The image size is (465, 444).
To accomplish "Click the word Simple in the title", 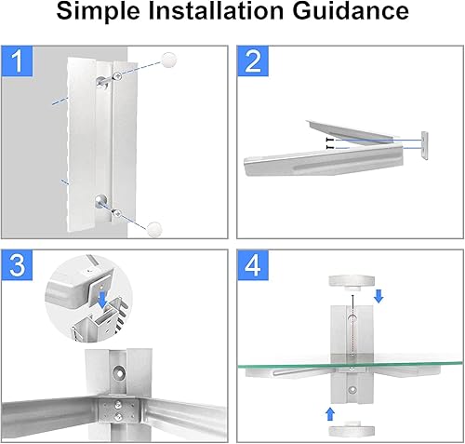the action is tap(99, 11).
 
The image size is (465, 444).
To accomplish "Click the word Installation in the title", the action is tap(217, 10).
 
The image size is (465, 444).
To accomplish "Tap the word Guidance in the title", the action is tap(351, 10).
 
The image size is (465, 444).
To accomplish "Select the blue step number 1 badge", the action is tap(17, 61).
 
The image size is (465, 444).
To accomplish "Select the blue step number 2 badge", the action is tap(253, 61).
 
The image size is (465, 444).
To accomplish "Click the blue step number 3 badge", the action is tap(17, 265).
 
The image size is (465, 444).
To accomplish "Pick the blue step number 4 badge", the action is tap(253, 265).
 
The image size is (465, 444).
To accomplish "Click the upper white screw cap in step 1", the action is tap(169, 60).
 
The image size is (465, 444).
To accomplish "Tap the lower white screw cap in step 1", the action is tap(154, 229).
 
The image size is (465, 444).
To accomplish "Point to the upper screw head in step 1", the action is tap(117, 75).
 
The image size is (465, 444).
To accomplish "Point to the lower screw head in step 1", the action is tap(116, 213).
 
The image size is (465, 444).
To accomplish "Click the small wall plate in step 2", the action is tap(424, 145).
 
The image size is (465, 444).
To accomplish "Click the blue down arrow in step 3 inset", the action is tap(102, 301).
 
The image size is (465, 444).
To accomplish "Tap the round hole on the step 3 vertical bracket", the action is tap(119, 371).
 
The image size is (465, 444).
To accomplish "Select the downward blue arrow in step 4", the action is tap(379, 296).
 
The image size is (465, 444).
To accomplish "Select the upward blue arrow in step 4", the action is tap(330, 414).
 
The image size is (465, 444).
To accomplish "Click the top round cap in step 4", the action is tap(352, 282).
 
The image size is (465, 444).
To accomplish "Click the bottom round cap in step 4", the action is tap(352, 428).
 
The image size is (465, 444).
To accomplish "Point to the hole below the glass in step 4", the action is tap(352, 389).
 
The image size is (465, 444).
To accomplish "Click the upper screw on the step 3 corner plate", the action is tap(118, 404).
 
